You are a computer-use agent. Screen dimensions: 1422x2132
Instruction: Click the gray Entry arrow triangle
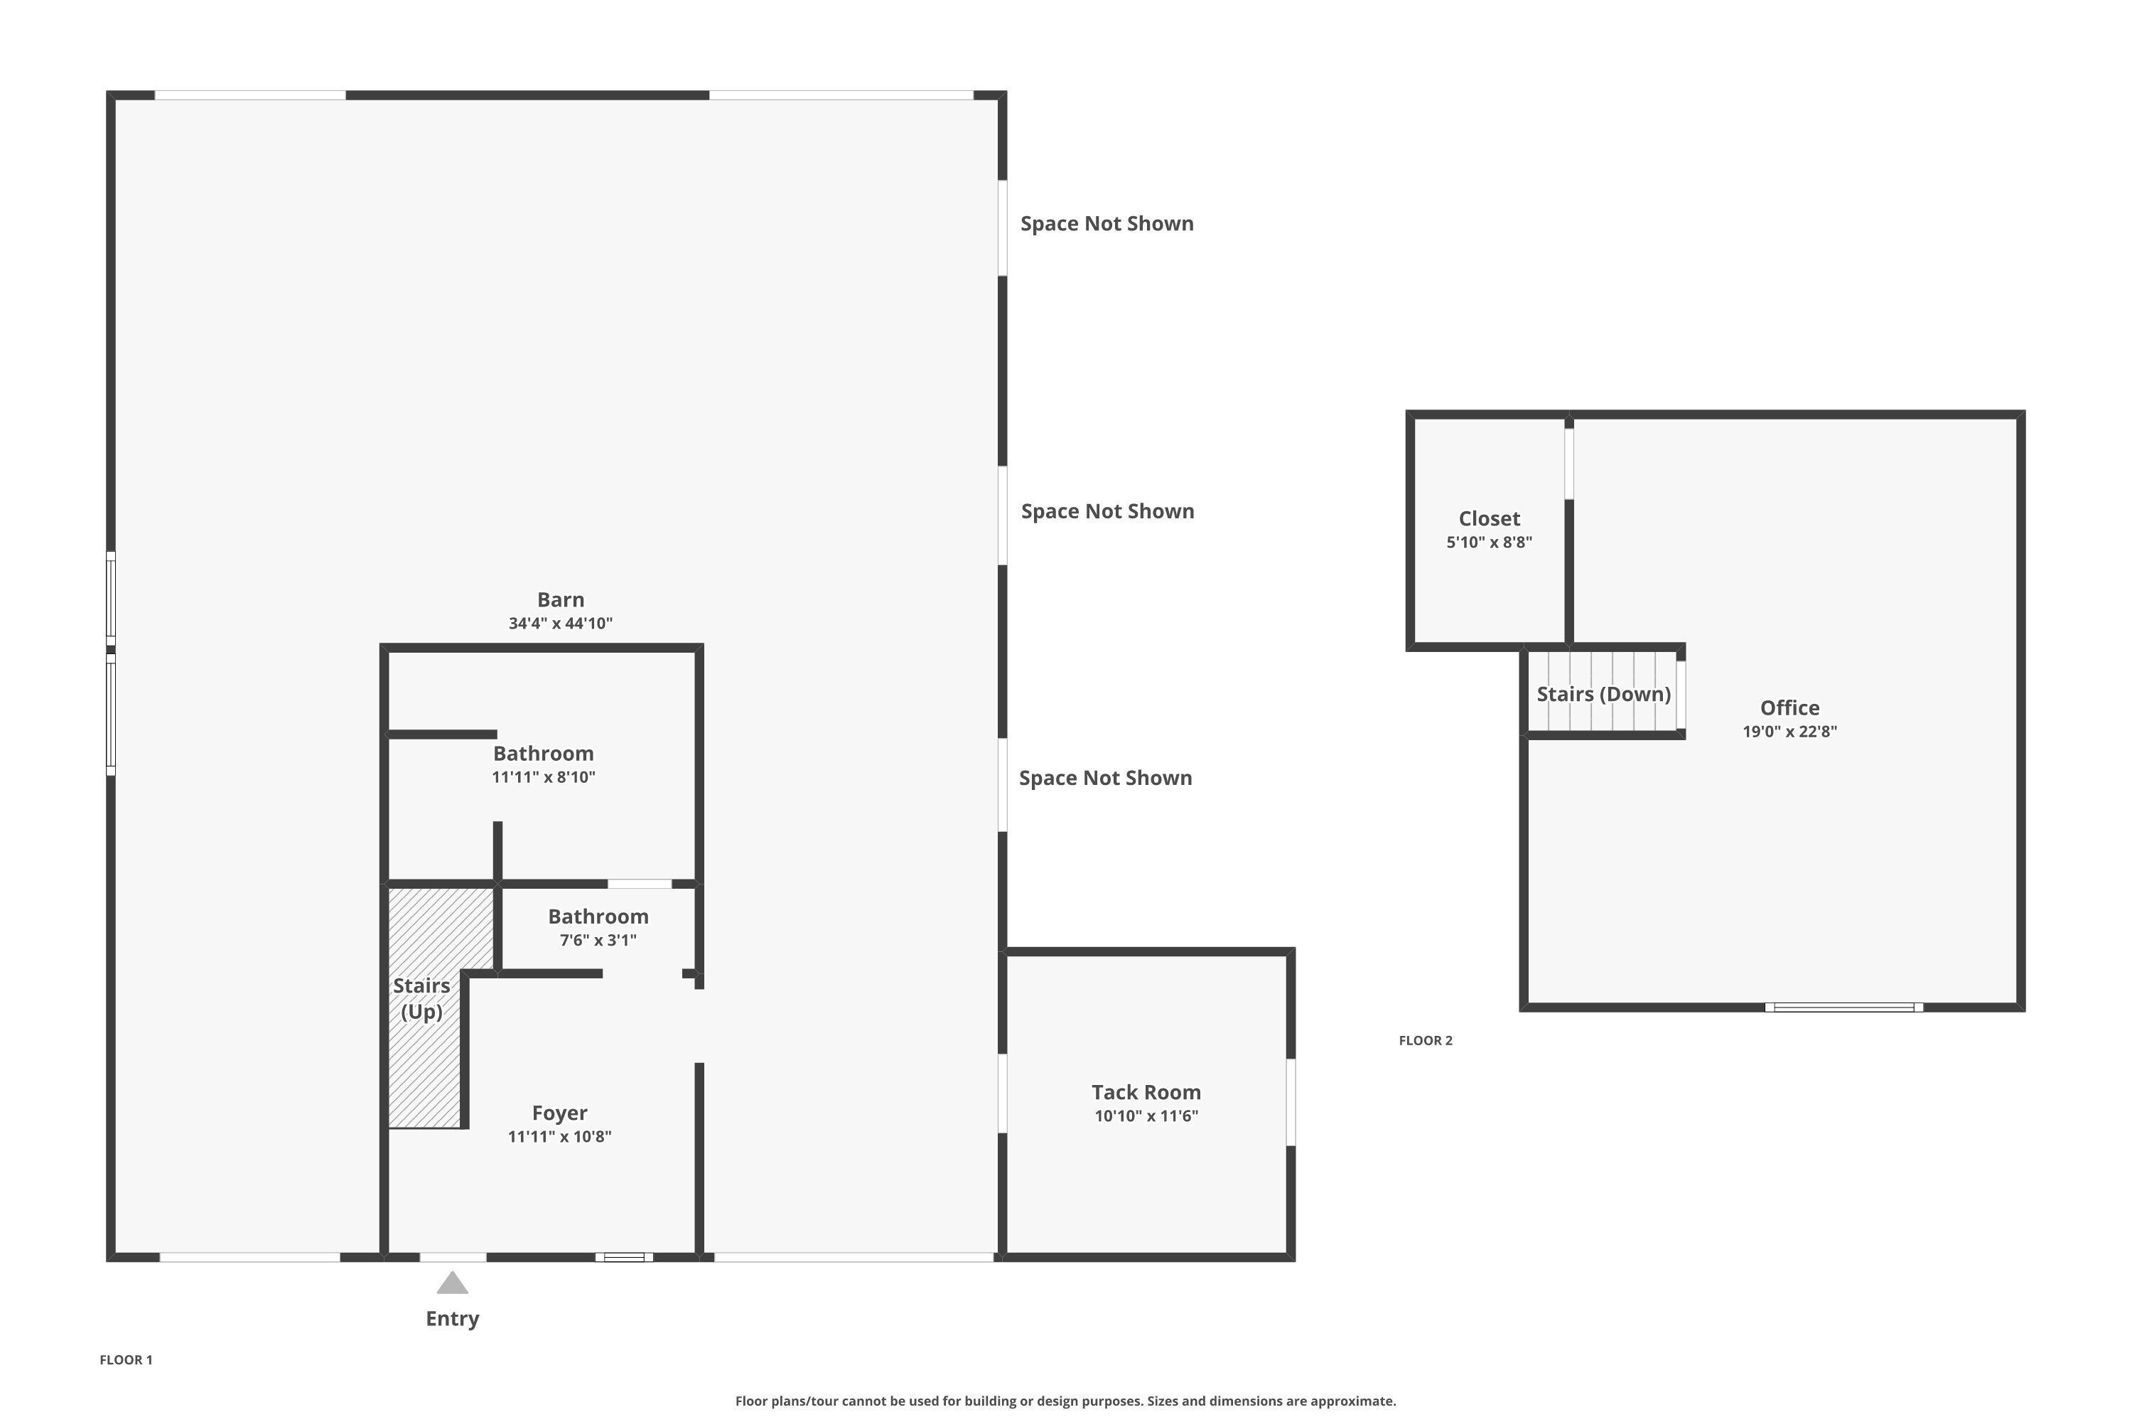[x=452, y=1284]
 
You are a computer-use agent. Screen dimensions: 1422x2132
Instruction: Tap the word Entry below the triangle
[x=452, y=1319]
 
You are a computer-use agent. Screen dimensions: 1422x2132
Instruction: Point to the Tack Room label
[x=1146, y=1092]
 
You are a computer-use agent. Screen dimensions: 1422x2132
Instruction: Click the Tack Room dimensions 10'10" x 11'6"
[x=1146, y=1116]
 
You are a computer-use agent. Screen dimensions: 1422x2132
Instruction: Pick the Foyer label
[x=559, y=1113]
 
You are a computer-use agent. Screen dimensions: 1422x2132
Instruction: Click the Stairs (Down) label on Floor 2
[x=1603, y=694]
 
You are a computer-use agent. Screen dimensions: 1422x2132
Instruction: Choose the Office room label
[x=1789, y=707]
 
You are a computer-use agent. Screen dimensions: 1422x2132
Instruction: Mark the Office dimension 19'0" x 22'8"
[x=1789, y=731]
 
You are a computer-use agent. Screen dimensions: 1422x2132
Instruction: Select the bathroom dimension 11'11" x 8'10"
[x=543, y=777]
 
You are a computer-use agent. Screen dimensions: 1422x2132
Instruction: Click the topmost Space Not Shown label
[x=1107, y=223]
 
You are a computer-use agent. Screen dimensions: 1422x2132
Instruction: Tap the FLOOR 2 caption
[x=1425, y=1040]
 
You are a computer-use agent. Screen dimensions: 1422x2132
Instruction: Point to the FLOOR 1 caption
[x=126, y=1359]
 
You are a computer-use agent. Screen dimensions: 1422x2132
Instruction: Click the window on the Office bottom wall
[x=1843, y=1007]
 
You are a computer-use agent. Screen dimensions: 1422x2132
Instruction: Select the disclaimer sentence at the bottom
[x=1065, y=1401]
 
